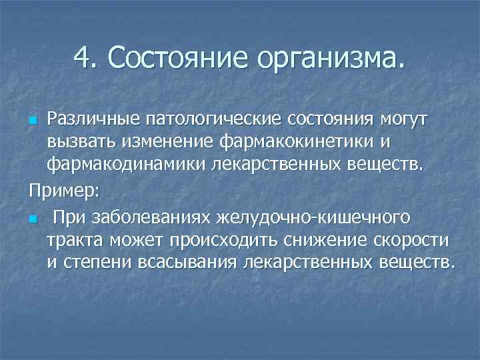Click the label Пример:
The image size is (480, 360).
tap(64, 191)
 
